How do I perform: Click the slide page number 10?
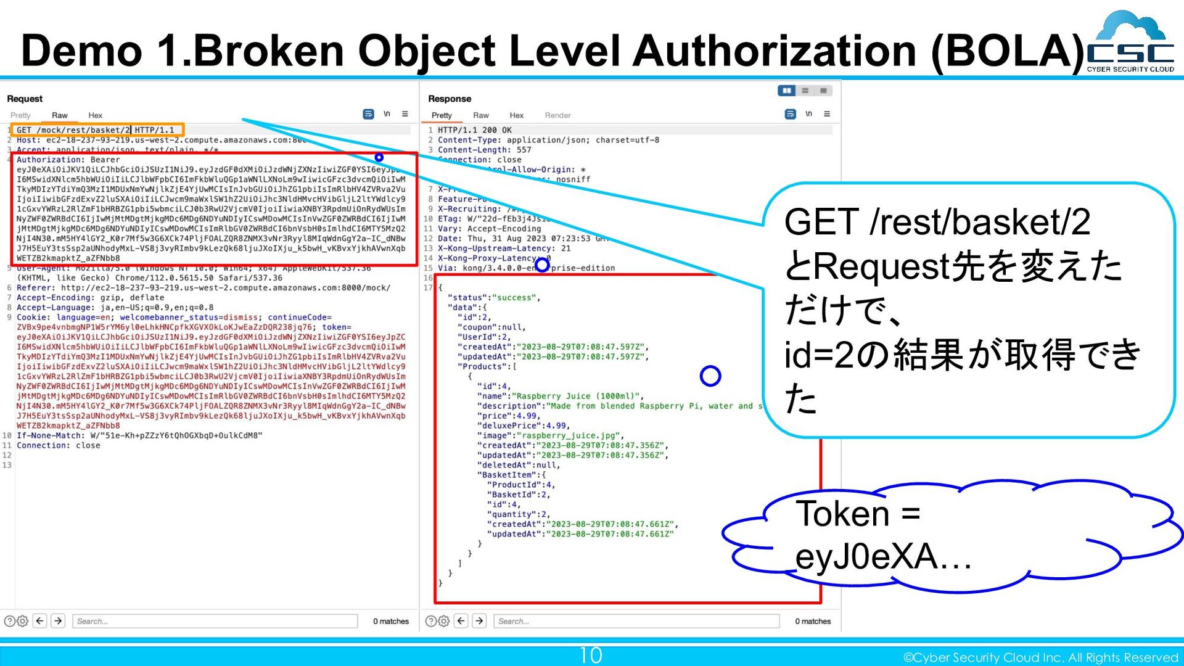[x=590, y=655]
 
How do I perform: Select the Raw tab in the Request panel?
[x=60, y=115]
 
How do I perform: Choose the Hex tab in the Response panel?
[x=516, y=115]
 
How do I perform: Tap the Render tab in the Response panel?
[x=557, y=115]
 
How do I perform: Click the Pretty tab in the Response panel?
[x=442, y=115]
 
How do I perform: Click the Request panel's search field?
[x=215, y=621]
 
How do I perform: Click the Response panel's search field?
[x=636, y=621]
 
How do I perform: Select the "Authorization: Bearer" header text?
[x=68, y=160]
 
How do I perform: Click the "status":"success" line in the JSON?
[x=493, y=298]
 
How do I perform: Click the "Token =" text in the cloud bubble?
[x=857, y=513]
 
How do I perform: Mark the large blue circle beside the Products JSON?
[x=710, y=376]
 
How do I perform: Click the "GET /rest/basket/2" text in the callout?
[x=937, y=222]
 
